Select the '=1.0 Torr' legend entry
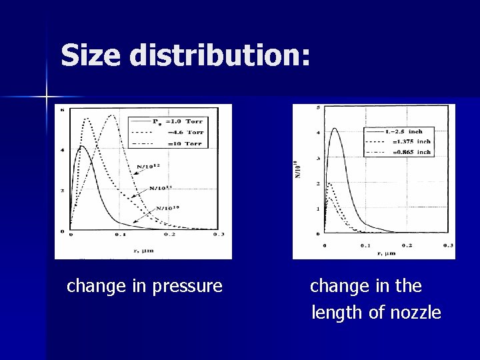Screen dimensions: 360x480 point(184,121)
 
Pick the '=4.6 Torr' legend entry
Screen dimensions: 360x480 point(184,132)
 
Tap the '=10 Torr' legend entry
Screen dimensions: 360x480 point(184,143)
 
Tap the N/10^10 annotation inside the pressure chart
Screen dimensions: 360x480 point(169,209)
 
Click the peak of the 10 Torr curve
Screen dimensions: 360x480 point(111,115)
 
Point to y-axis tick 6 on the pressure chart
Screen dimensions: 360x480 point(63,109)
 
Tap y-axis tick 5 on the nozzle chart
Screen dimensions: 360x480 point(319,108)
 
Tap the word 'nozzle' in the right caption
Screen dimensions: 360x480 point(413,312)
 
